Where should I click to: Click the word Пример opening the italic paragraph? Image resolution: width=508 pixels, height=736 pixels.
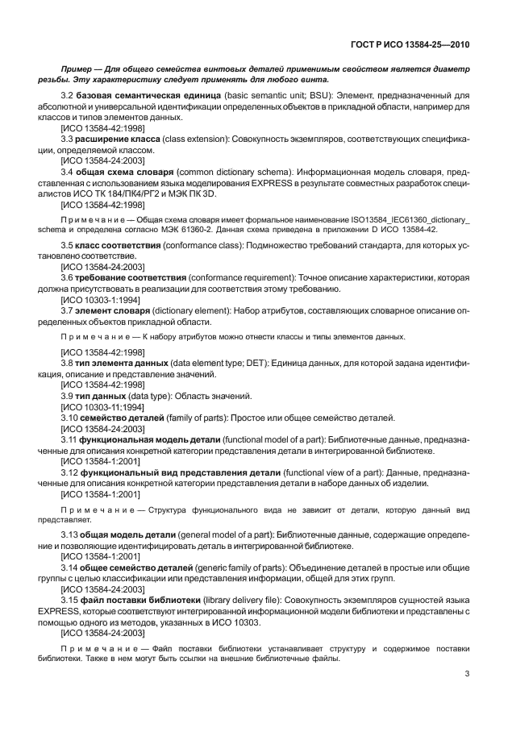coord(76,70)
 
